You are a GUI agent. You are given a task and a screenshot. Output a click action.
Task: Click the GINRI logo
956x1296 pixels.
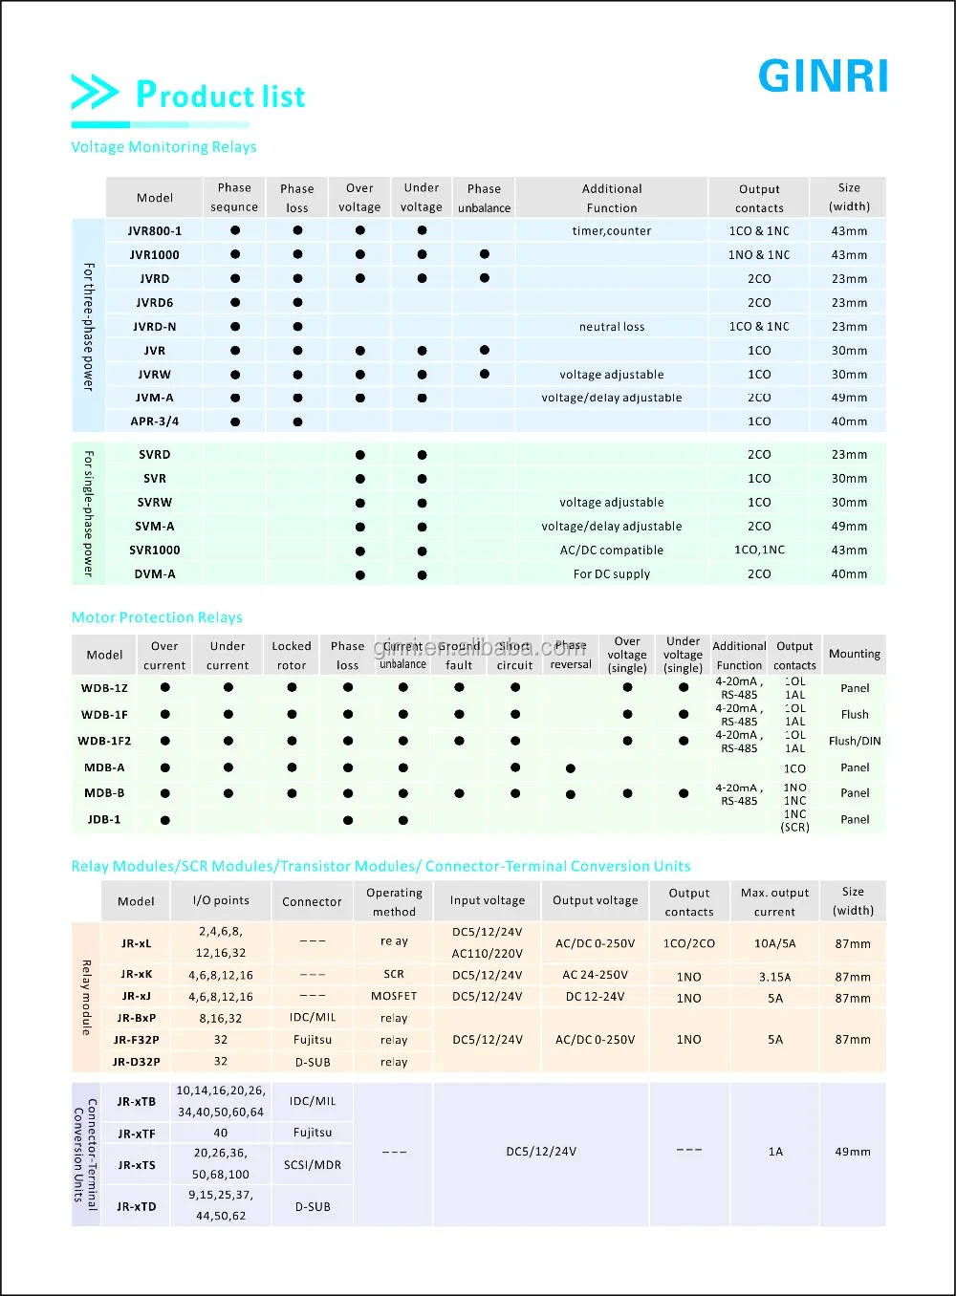tap(823, 76)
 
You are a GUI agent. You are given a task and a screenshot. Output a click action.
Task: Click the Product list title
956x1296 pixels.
tap(220, 95)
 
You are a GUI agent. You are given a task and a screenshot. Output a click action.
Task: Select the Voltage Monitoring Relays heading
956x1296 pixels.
tap(163, 147)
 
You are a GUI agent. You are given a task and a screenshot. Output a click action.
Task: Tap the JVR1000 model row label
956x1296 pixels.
tap(155, 255)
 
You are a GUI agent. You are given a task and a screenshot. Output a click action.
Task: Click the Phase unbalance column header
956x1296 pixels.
tap(484, 198)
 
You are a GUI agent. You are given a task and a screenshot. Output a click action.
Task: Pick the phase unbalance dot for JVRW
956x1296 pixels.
tap(485, 375)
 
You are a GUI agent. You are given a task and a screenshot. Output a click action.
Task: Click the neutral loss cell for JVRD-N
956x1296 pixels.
tap(612, 327)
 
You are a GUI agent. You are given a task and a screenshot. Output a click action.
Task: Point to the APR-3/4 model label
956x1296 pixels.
tap(155, 421)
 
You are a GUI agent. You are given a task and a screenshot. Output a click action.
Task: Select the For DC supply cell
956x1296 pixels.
tap(612, 574)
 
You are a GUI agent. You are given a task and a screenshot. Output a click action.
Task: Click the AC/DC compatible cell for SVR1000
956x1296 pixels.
tap(612, 551)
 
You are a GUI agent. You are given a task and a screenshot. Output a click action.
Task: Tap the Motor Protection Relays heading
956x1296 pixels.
tap(157, 617)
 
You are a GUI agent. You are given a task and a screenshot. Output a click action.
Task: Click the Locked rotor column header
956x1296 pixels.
tap(292, 656)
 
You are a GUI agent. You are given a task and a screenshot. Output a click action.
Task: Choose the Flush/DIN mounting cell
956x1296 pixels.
tap(855, 741)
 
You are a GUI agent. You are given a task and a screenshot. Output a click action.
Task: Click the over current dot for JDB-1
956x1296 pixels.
tap(165, 820)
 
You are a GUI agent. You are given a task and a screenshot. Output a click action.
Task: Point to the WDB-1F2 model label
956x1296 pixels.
tap(104, 741)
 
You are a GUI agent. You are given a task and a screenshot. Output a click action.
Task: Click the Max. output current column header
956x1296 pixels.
tap(774, 902)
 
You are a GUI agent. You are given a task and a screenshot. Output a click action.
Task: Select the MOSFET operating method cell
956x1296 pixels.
tap(394, 996)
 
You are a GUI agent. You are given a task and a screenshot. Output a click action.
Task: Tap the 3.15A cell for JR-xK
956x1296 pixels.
tap(774, 977)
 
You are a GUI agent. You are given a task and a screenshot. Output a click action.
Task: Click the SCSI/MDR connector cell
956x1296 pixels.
tap(313, 1165)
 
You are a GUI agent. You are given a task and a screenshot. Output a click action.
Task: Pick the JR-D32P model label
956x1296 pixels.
tap(137, 1062)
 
